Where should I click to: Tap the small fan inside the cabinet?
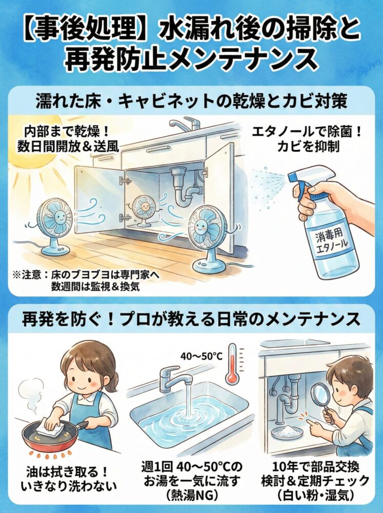pyautogui.click(x=144, y=208)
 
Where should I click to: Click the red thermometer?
pyautogui.click(x=233, y=365)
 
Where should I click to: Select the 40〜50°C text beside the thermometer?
pyautogui.click(x=200, y=356)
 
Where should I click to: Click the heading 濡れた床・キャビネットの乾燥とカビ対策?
pyautogui.click(x=191, y=101)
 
